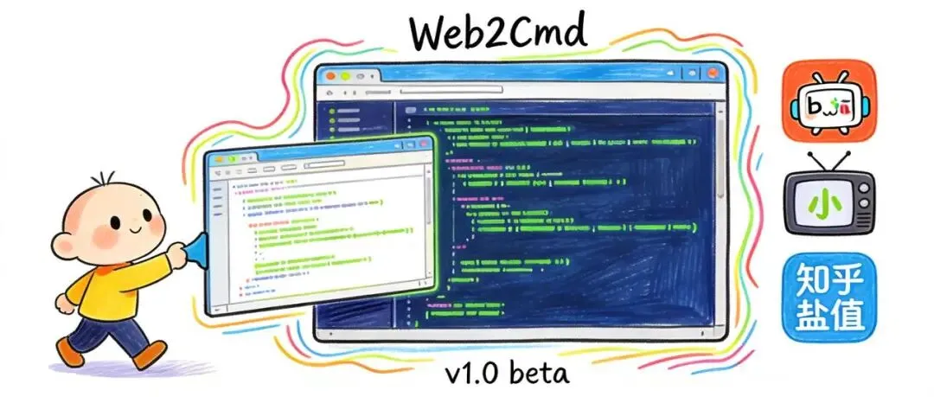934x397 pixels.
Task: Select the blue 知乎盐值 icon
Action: point(828,297)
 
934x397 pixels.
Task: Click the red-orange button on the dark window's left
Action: point(329,74)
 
